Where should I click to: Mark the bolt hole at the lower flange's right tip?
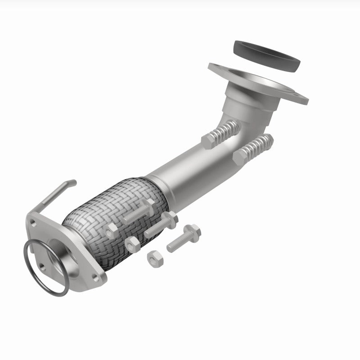[96, 278]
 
